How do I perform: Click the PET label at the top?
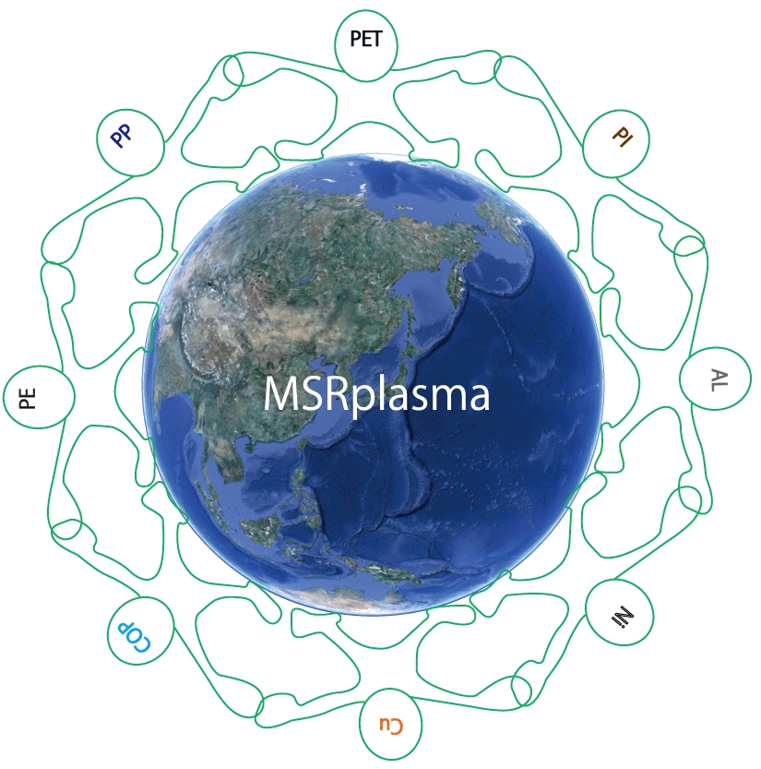(x=366, y=39)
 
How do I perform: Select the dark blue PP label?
(x=122, y=136)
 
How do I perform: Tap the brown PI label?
(x=623, y=137)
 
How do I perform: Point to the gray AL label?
(x=719, y=380)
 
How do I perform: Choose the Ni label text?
(x=623, y=616)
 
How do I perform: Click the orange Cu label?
(x=390, y=726)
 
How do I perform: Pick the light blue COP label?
(x=134, y=637)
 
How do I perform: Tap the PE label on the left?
(x=28, y=398)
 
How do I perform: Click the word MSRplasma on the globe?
(x=376, y=395)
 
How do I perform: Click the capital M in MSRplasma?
(x=279, y=394)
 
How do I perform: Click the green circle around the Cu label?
(x=390, y=688)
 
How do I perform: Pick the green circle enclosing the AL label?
(x=681, y=378)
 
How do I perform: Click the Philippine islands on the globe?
(x=303, y=490)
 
